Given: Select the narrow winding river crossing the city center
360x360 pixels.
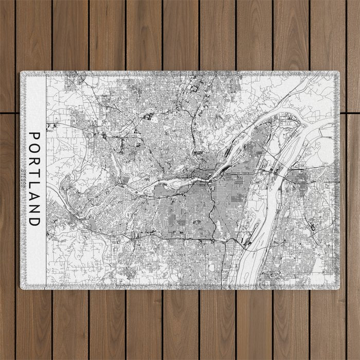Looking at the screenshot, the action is [x=170, y=183].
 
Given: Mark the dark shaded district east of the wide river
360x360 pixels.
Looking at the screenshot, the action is [x=298, y=178].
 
